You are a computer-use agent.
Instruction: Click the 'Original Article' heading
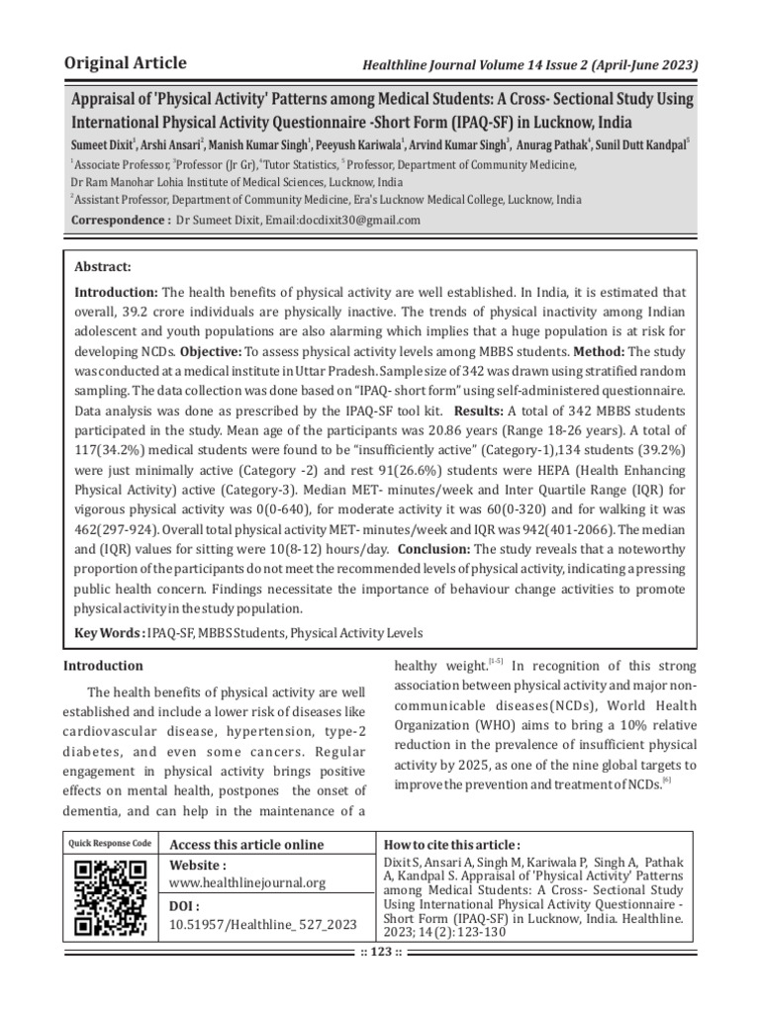[x=125, y=64]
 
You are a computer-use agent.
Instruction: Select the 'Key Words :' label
[x=110, y=632]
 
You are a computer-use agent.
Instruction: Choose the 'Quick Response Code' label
[x=110, y=843]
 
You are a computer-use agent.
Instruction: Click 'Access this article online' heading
[x=246, y=844]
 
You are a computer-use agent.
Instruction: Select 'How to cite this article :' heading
[x=451, y=844]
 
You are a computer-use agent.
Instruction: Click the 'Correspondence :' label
[x=120, y=220]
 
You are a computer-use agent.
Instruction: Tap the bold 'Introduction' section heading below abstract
[x=104, y=666]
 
